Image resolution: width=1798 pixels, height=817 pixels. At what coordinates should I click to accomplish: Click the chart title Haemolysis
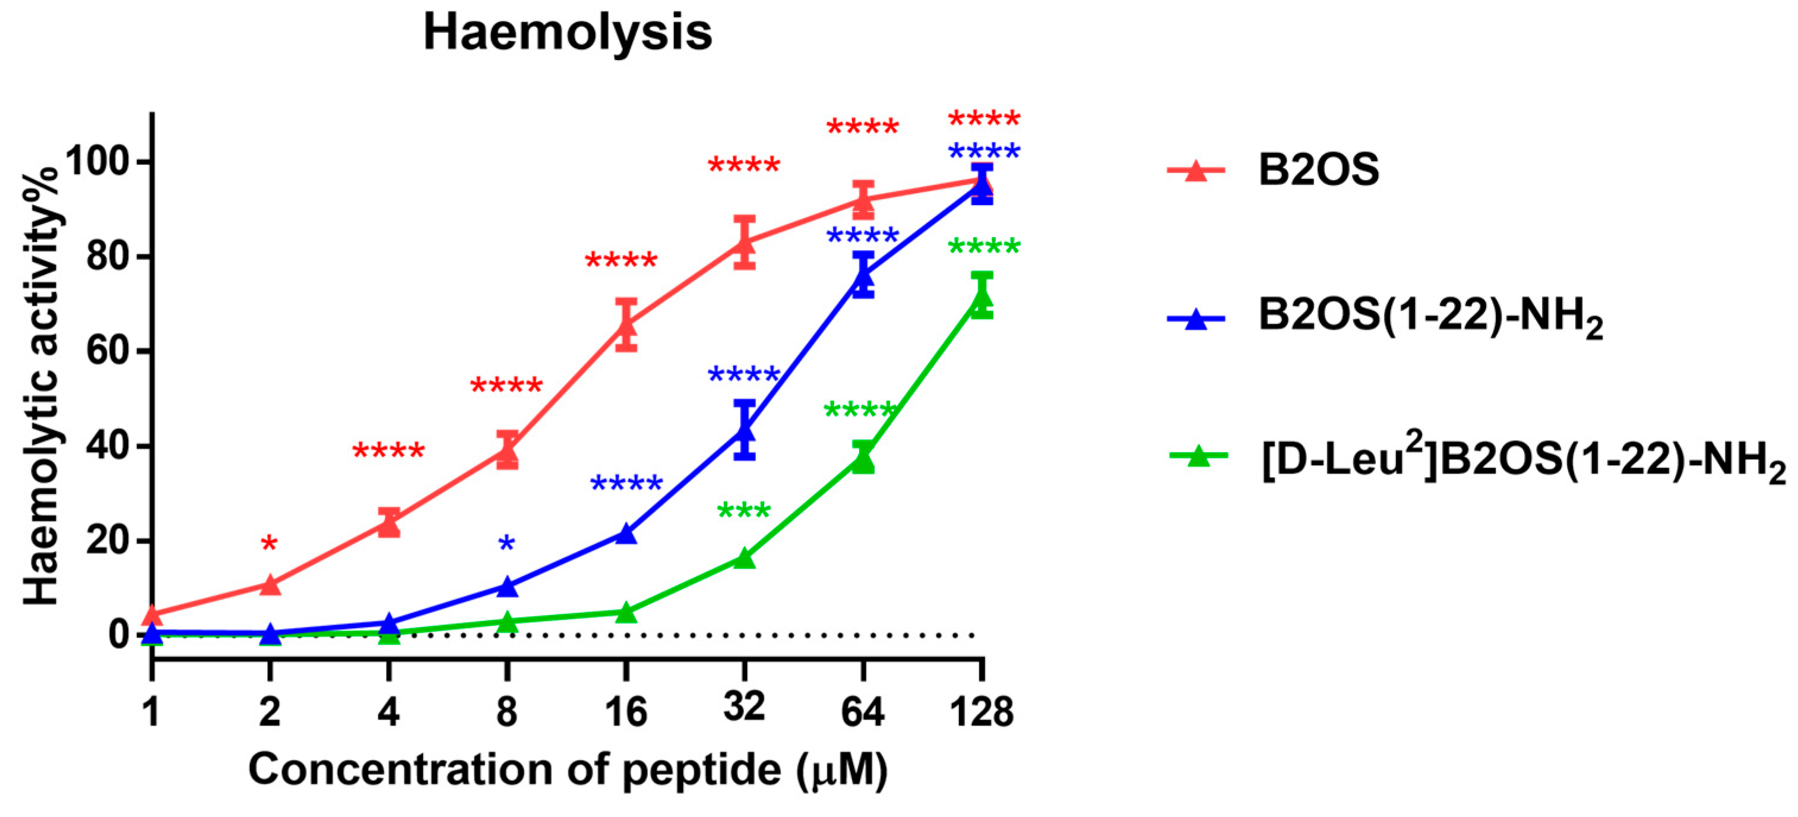(568, 33)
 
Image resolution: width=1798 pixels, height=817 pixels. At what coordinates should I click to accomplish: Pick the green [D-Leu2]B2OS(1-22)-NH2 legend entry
(1522, 461)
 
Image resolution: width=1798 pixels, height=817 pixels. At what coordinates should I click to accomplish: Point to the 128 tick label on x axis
(982, 712)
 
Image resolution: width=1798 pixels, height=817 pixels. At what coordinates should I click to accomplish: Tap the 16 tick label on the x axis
(626, 712)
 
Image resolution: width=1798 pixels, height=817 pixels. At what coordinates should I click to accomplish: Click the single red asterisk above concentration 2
(270, 543)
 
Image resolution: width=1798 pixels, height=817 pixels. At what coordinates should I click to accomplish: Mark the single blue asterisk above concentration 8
(507, 543)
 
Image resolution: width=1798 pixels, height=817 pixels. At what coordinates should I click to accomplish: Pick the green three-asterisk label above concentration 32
(744, 510)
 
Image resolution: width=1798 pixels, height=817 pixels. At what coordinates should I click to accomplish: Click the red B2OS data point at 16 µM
(626, 326)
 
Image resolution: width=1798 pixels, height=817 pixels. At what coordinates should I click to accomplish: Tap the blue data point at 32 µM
(745, 429)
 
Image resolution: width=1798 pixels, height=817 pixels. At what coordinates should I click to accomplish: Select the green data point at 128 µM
(982, 299)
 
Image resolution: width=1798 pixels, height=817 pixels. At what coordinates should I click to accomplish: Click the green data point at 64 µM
(863, 459)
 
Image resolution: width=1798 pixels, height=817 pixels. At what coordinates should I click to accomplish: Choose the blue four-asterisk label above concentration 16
(626, 483)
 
